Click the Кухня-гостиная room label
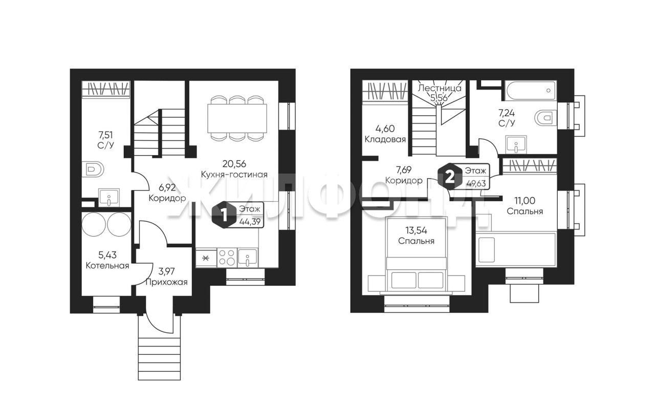[x=234, y=175]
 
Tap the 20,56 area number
[x=234, y=164]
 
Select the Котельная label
[x=107, y=266]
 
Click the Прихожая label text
[x=166, y=283]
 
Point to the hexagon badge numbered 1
[x=224, y=216]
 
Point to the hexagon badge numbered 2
[x=449, y=177]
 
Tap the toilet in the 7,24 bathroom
[x=545, y=118]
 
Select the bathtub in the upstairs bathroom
[x=531, y=91]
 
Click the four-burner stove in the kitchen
[x=227, y=258]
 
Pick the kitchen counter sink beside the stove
[x=247, y=258]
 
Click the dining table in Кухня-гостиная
[x=237, y=118]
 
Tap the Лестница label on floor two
[x=440, y=88]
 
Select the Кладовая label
[x=385, y=139]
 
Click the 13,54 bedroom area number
[x=416, y=230]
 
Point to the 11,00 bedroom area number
[x=525, y=200]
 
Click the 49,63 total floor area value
[x=476, y=184]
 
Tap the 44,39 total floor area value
[x=250, y=222]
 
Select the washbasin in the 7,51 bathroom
[x=109, y=198]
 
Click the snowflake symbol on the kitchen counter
[x=206, y=258]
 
